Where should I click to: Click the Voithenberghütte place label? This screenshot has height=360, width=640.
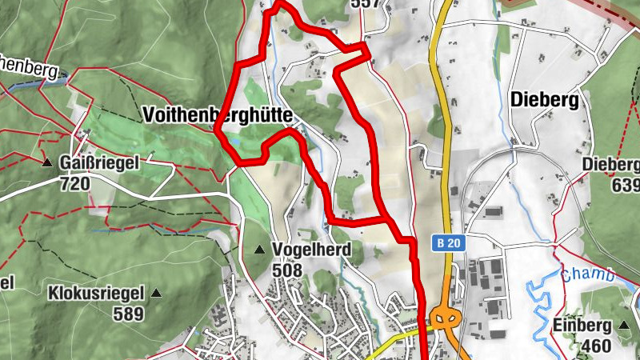(x=218, y=114)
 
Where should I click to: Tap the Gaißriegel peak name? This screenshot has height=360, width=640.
(x=99, y=163)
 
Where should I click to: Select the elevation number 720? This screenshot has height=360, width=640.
(x=75, y=183)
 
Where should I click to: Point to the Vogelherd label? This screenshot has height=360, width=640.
(x=311, y=250)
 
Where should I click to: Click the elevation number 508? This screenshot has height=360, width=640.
(x=286, y=270)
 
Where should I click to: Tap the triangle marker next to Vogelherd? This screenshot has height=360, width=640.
(x=258, y=250)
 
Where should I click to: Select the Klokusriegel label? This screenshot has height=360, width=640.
(x=97, y=293)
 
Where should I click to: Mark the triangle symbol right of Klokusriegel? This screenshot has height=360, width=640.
(x=156, y=294)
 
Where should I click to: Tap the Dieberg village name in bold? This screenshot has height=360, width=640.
(x=543, y=101)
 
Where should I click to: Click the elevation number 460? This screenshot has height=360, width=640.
(x=593, y=346)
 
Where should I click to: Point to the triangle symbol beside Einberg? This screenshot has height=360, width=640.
(x=624, y=326)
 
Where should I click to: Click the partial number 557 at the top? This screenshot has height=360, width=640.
(x=364, y=4)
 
